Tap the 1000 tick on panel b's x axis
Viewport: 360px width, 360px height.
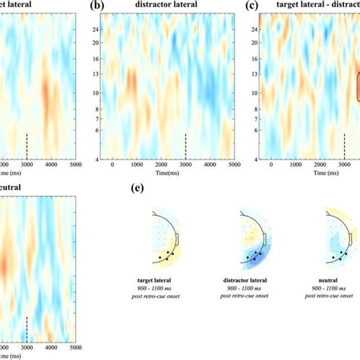pos(137,165)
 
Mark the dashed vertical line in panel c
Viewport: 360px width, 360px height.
pos(344,145)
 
